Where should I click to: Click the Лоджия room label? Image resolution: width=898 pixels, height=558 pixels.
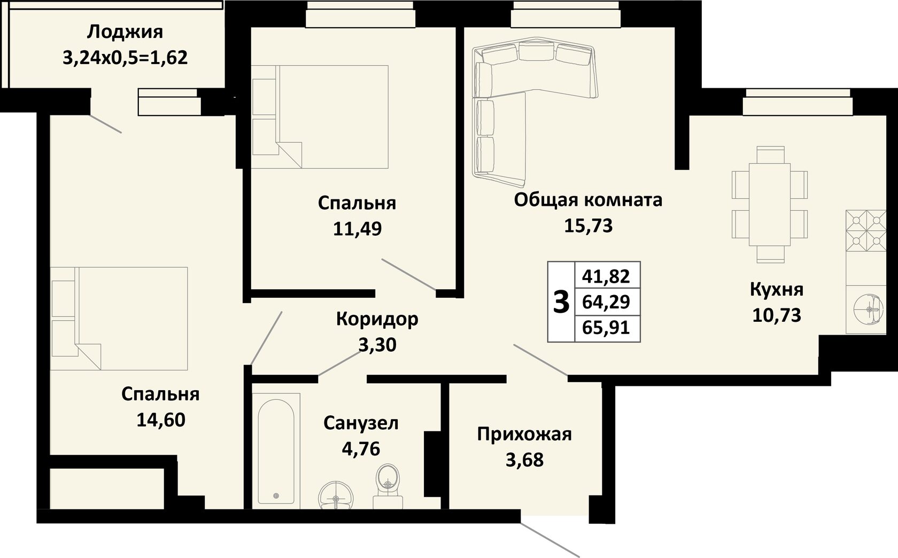click(125, 32)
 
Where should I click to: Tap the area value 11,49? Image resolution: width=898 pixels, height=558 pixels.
click(357, 229)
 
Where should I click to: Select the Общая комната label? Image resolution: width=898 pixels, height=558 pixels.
click(588, 200)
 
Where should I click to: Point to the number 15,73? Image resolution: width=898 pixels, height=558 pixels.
click(588, 226)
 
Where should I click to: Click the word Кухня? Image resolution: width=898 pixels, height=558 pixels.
click(777, 290)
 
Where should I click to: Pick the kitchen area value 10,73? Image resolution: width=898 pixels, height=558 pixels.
click(777, 315)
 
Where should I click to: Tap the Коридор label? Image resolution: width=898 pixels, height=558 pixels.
click(377, 319)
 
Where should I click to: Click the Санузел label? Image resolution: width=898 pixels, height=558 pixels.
click(361, 423)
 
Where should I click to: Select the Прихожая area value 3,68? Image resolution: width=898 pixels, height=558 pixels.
click(524, 460)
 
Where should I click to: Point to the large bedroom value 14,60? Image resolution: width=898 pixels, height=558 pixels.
click(161, 420)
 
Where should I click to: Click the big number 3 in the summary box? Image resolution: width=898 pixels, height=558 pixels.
click(561, 302)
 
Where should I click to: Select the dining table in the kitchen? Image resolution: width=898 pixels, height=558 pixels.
click(770, 204)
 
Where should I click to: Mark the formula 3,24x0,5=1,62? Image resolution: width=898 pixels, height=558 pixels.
click(125, 58)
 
